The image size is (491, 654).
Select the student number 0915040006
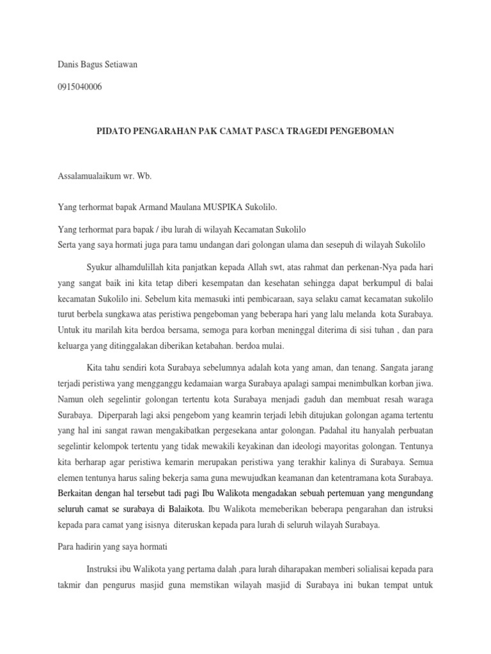[x=79, y=87]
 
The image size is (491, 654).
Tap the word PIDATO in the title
[x=111, y=130]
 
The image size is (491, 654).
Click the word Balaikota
[x=182, y=510]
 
